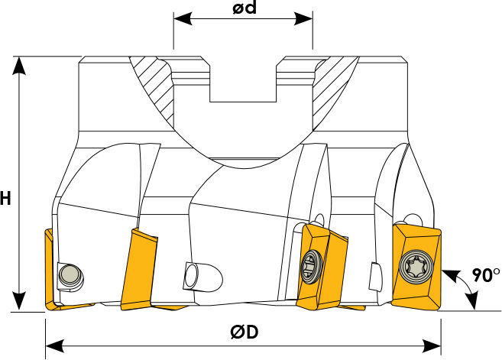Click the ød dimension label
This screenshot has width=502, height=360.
coord(245,8)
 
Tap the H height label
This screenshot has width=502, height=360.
coord(5,198)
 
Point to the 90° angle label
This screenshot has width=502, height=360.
coord(486,275)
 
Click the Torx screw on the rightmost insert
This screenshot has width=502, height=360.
coord(416,267)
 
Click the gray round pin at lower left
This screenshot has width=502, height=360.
coord(70,275)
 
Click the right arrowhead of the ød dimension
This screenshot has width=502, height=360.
coord(303,18)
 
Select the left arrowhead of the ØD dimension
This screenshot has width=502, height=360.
coord(54,346)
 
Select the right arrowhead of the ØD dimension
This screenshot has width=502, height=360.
coord(432,346)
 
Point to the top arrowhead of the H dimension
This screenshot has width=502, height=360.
coord(20,66)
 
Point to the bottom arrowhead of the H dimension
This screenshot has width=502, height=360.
coord(20,301)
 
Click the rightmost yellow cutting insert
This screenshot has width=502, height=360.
coord(416,267)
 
